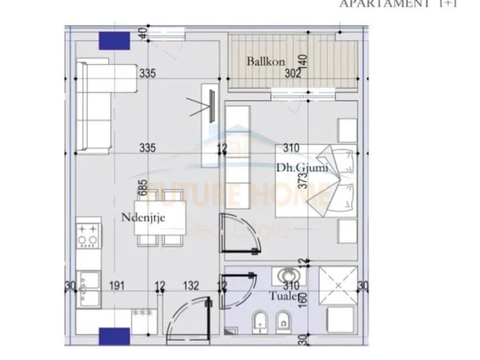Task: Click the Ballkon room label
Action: [262, 60]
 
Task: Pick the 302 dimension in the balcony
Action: [294, 74]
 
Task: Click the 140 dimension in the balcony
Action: [303, 62]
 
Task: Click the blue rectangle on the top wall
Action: [114, 42]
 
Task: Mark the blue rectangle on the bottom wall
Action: [114, 334]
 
